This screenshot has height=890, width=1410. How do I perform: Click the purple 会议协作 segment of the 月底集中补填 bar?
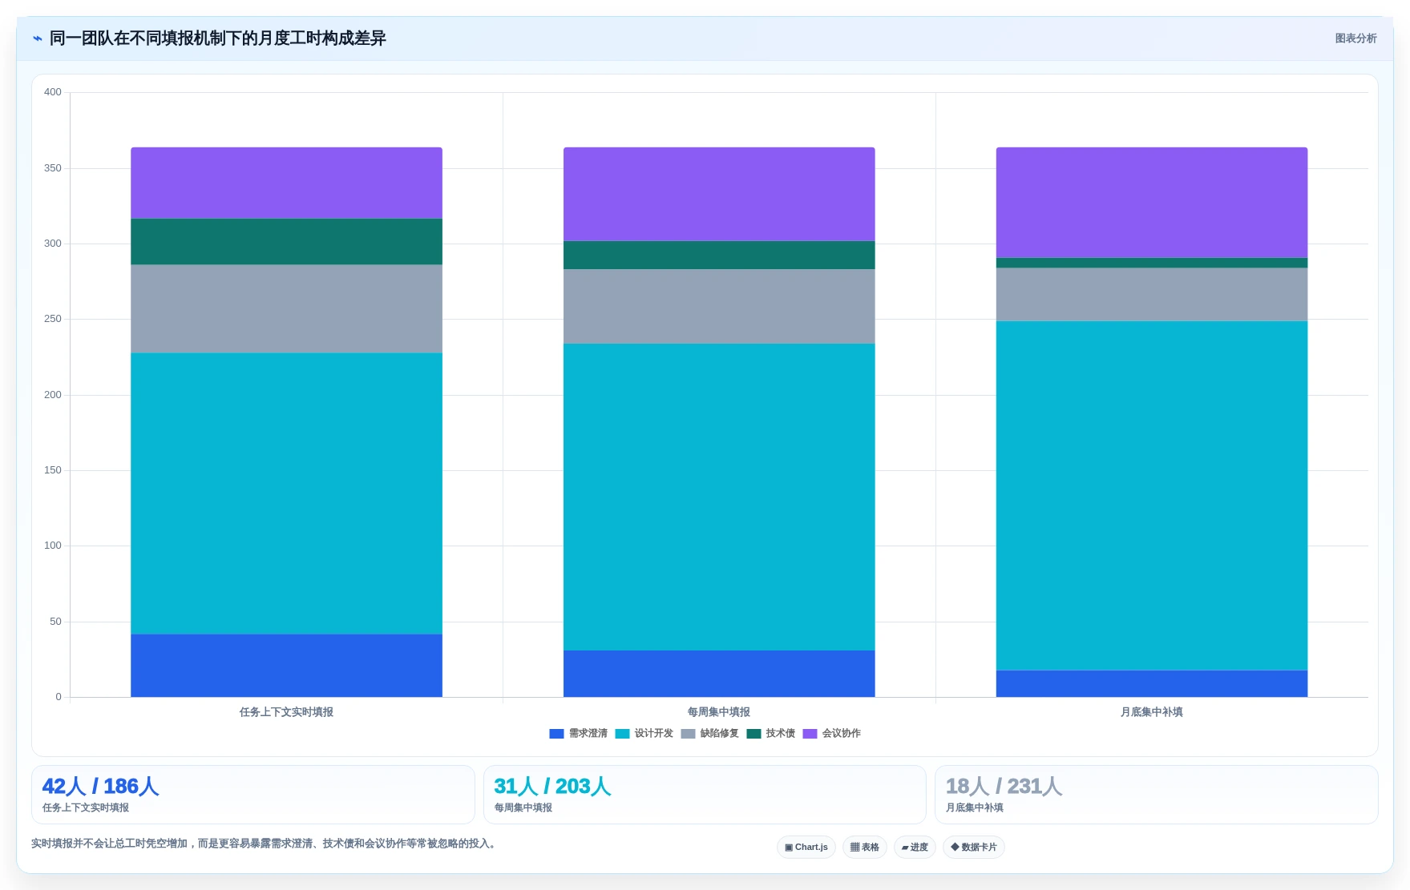pyautogui.click(x=1151, y=202)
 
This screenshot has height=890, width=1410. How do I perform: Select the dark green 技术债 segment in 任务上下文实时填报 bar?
pyautogui.click(x=286, y=241)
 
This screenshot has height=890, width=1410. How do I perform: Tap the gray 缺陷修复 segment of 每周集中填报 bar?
pyautogui.click(x=719, y=306)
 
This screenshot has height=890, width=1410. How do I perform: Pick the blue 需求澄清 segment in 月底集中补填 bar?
pyautogui.click(x=1151, y=683)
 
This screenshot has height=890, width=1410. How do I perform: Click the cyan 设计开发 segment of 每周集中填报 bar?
pyautogui.click(x=719, y=497)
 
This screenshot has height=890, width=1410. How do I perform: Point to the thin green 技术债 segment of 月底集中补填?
pyautogui.click(x=1151, y=263)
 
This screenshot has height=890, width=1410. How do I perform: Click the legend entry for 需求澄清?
pyautogui.click(x=579, y=734)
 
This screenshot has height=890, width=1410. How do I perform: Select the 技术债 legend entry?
pyautogui.click(x=771, y=734)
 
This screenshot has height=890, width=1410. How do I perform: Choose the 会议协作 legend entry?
pyautogui.click(x=832, y=734)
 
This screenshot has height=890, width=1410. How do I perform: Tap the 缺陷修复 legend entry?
pyautogui.click(x=710, y=734)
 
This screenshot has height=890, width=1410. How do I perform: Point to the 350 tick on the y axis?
pyautogui.click(x=53, y=168)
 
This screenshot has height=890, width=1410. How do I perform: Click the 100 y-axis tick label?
pyautogui.click(x=53, y=546)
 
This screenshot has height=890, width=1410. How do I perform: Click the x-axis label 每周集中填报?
pyautogui.click(x=719, y=712)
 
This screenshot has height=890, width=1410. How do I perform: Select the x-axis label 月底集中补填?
pyautogui.click(x=1151, y=712)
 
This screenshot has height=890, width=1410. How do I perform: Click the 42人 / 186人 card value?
pyautogui.click(x=100, y=787)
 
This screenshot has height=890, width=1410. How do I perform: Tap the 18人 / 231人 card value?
pyautogui.click(x=1004, y=787)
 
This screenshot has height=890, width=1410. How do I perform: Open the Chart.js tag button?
pyautogui.click(x=806, y=848)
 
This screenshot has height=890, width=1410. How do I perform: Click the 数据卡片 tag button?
pyautogui.click(x=974, y=848)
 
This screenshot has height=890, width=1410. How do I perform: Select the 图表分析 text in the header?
pyautogui.click(x=1355, y=38)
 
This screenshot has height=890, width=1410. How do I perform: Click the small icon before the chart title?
pyautogui.click(x=38, y=38)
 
